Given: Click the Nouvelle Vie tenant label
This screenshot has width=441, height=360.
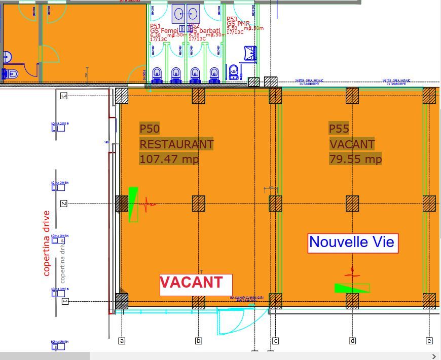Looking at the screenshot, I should coord(352,243).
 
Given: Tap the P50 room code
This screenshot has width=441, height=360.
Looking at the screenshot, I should coord(150,129).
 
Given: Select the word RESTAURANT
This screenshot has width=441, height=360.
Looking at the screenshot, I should coord(176,144).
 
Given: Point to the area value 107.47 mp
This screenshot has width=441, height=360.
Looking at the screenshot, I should coord(169,159).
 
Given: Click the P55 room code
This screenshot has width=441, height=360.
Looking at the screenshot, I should coord(339,129).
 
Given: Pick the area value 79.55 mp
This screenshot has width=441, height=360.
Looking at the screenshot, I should coord(355,159).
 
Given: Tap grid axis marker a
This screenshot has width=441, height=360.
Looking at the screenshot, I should coord(122,341).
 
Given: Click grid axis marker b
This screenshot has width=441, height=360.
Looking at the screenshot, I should coord(199,341).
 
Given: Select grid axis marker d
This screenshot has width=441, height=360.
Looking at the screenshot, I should coord(352,341).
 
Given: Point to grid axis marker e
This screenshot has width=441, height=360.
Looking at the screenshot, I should coord(429,341).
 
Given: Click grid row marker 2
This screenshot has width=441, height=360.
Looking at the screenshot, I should coord(64,204).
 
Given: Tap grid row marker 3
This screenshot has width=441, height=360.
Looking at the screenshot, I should coord(64,96).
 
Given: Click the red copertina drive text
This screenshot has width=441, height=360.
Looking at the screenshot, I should coord(47,243).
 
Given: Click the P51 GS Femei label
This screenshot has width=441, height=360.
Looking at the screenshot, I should coord(163,29).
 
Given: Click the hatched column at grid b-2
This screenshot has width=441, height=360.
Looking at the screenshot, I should coord(199,204).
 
